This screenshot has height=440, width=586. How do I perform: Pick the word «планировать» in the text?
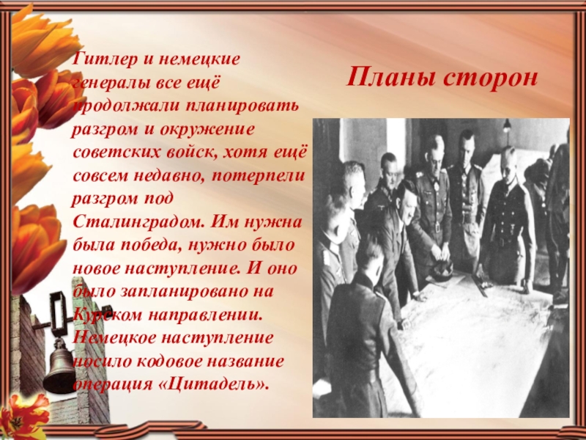coord(242,106)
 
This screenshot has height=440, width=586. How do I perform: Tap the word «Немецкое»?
coord(115,339)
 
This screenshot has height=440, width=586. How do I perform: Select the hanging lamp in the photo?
coord(506,125)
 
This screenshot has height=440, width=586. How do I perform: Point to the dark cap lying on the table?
coord(441,268)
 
